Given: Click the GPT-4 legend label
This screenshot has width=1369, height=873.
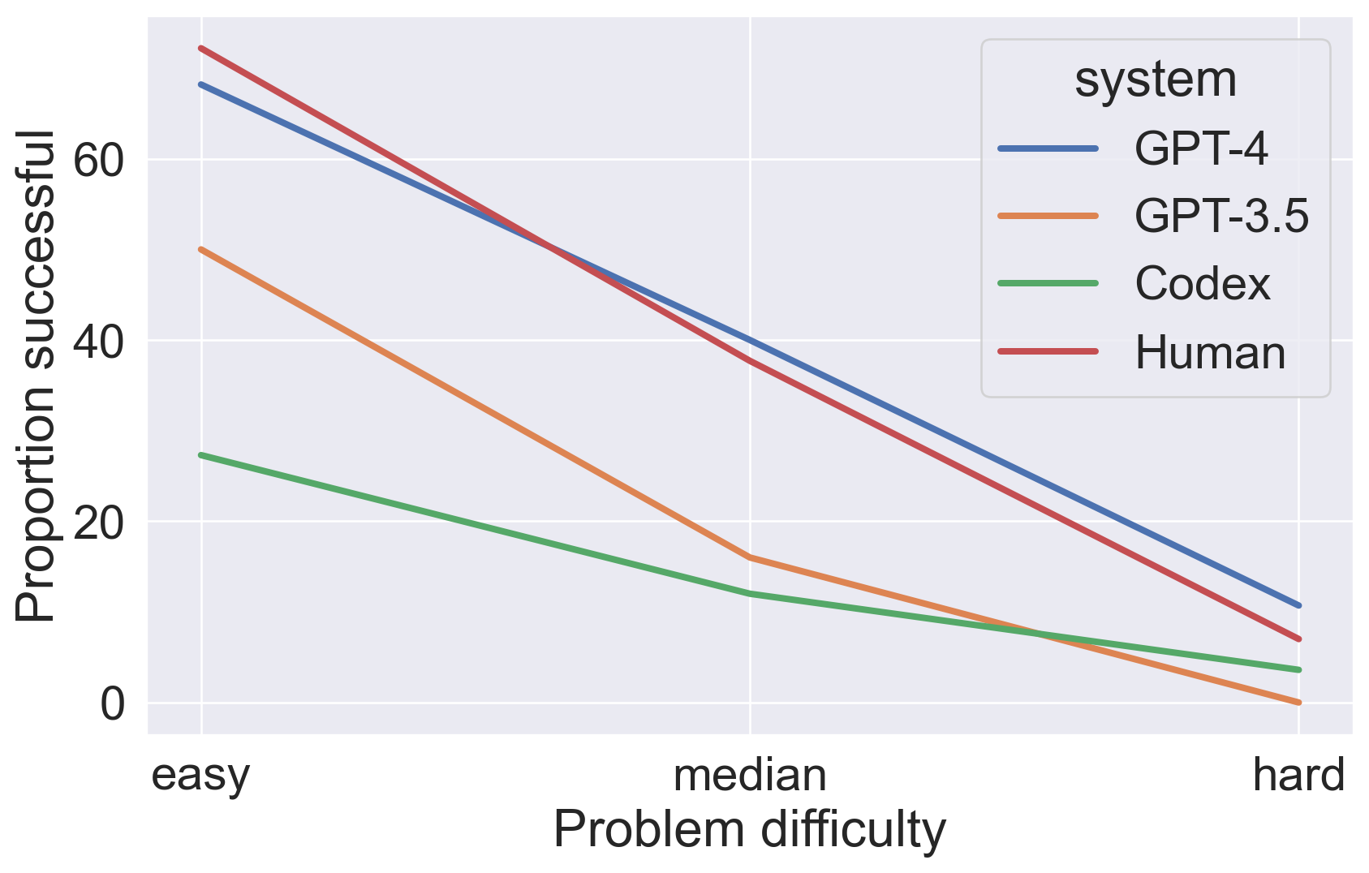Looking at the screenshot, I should pyautogui.click(x=1201, y=148).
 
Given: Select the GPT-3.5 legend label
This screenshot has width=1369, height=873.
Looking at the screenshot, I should pyautogui.click(x=1221, y=216).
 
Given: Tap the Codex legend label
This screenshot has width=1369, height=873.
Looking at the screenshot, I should pyautogui.click(x=1202, y=284).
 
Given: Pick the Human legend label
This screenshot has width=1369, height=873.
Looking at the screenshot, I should pyautogui.click(x=1210, y=353).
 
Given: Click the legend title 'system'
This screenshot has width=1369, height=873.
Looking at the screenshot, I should pyautogui.click(x=1156, y=80).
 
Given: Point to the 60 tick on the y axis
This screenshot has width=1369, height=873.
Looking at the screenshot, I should pyautogui.click(x=99, y=160).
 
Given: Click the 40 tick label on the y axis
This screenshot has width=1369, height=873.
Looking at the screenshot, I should pyautogui.click(x=99, y=341).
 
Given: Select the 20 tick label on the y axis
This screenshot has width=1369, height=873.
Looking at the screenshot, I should pyautogui.click(x=99, y=522).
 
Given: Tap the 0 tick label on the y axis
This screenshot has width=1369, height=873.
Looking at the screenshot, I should pyautogui.click(x=113, y=703).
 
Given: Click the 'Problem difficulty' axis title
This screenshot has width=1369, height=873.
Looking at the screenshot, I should pyautogui.click(x=750, y=830).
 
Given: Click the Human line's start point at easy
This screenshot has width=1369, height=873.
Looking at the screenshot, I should pyautogui.click(x=201, y=48).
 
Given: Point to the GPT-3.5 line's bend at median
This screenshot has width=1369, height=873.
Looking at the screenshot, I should pyautogui.click(x=750, y=557).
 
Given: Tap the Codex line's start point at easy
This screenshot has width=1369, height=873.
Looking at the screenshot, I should pyautogui.click(x=201, y=455).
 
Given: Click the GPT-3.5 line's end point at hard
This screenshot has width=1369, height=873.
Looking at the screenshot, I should pyautogui.click(x=1298, y=703).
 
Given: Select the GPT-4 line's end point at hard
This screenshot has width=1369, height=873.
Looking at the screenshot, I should pyautogui.click(x=1298, y=605).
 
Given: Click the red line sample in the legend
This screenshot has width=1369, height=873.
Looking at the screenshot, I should pyautogui.click(x=1048, y=352).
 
